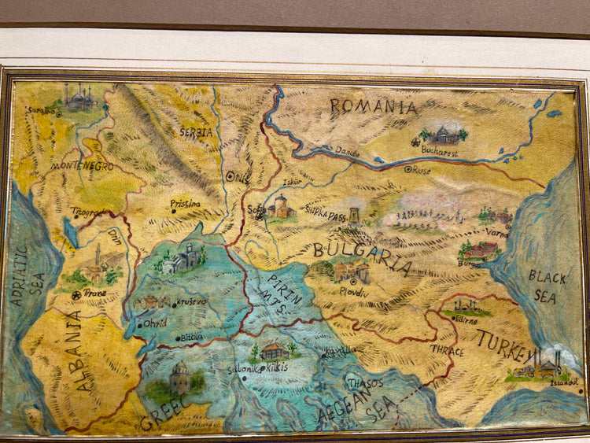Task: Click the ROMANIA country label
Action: pos(373,106)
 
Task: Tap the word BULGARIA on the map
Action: pos(361,254)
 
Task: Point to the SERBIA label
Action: pos(196,133)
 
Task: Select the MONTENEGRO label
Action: pos(83,167)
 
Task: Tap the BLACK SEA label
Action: pos(542,286)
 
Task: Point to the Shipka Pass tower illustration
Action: pos(354,214)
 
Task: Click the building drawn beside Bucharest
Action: pos(445,135)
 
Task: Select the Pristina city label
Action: pos(186,204)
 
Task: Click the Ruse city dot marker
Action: pos(407,169)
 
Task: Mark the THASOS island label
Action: pos(367,382)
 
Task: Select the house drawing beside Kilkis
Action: pos(273,351)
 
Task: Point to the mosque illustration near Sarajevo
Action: pos(79,98)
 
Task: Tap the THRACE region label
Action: pos(446,351)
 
